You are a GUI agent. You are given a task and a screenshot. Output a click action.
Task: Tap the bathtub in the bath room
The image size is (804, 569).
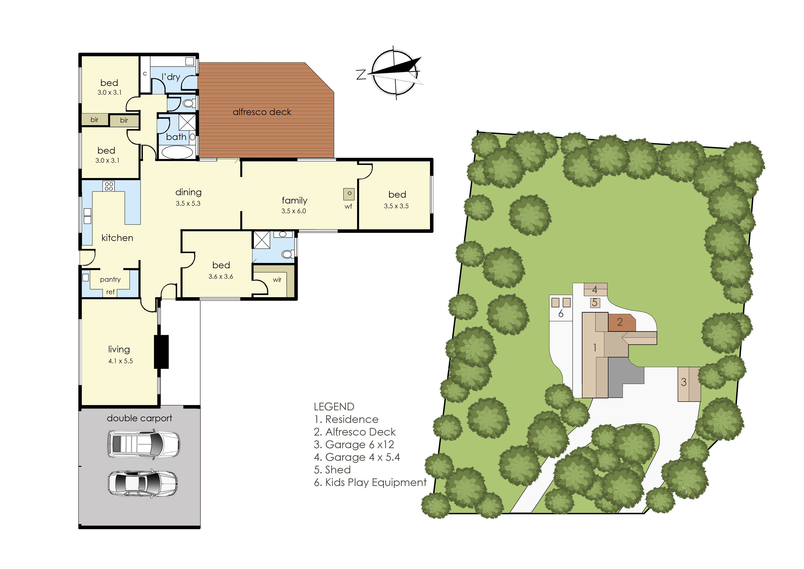point(177,153)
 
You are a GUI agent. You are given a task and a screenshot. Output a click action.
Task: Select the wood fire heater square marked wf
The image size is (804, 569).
point(349,194)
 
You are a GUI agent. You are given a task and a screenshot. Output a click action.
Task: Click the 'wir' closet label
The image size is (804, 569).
point(277,280)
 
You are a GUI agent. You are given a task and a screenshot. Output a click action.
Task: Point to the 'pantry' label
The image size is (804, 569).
point(110,280)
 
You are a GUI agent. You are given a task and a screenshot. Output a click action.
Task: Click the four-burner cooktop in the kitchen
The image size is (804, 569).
point(109,186)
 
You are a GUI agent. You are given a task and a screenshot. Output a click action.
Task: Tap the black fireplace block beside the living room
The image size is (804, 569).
point(161,352)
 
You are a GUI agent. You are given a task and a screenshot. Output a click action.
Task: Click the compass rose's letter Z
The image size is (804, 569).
point(361,75)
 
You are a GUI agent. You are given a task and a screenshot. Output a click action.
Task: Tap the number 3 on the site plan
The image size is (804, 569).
point(683,382)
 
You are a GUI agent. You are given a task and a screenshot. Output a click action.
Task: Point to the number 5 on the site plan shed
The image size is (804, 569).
point(594,302)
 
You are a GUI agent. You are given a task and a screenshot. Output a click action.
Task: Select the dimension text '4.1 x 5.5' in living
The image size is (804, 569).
point(121,361)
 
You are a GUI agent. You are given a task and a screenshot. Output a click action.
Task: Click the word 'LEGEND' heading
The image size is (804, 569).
point(334,407)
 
